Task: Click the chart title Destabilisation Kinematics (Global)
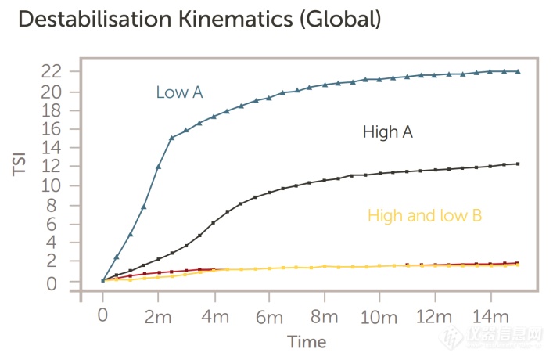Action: click(199, 19)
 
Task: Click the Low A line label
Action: click(179, 93)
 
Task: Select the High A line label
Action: click(387, 132)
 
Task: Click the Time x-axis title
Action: click(306, 342)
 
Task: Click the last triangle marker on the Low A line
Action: click(518, 71)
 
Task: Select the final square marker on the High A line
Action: click(518, 164)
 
